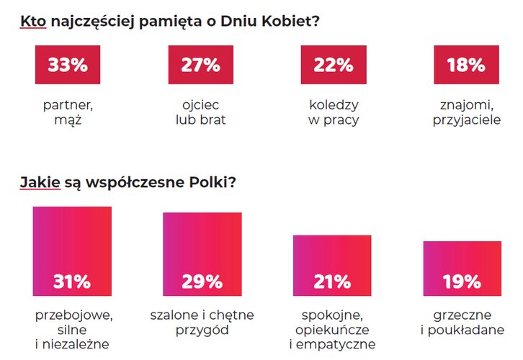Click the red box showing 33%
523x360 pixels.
pyautogui.click(x=67, y=65)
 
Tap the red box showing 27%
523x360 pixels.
pyautogui.click(x=200, y=65)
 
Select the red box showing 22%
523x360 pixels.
pyautogui.click(x=334, y=65)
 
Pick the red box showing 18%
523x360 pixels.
pyautogui.click(x=465, y=65)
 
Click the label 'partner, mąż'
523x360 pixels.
pyautogui.click(x=68, y=112)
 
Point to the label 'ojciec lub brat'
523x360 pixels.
pyautogui.click(x=200, y=112)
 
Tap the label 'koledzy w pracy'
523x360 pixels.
pyautogui.click(x=334, y=112)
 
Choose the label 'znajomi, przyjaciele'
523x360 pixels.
pyautogui.click(x=466, y=112)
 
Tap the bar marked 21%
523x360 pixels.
pyautogui.click(x=332, y=265)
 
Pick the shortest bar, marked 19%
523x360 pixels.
pyautogui.click(x=462, y=268)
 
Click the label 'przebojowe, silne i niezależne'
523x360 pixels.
pyautogui.click(x=72, y=330)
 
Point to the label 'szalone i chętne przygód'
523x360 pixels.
pyautogui.click(x=202, y=323)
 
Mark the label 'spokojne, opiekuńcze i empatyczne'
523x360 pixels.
pyautogui.click(x=332, y=330)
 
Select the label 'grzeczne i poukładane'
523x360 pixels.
pyautogui.click(x=462, y=323)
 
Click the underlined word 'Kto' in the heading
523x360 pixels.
pyautogui.click(x=32, y=22)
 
